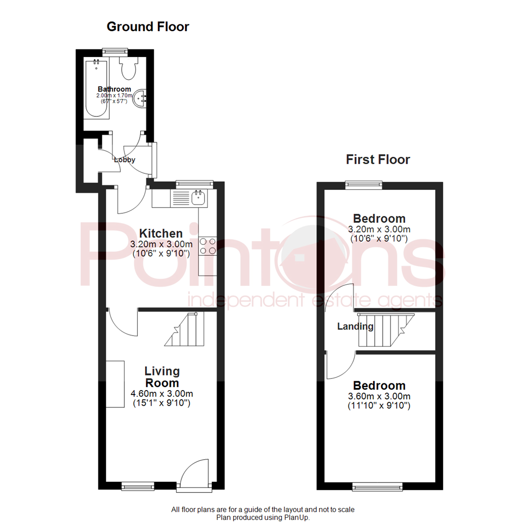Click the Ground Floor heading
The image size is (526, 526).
tap(148, 27)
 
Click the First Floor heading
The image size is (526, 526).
tap(378, 159)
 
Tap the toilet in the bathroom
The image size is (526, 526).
tap(129, 69)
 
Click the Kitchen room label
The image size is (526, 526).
tap(160, 233)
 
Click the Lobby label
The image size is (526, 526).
tap(124, 159)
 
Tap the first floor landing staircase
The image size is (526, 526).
tap(385, 330)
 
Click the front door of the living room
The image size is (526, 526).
tap(194, 475)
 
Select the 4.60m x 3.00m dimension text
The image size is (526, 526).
tap(162, 394)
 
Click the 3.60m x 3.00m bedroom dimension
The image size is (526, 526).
tap(379, 396)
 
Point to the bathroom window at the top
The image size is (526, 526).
tap(115, 50)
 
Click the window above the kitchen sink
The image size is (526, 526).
tap(194, 184)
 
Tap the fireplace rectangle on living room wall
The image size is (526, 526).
tap(115, 384)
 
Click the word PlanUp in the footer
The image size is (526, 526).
tap(297, 517)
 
